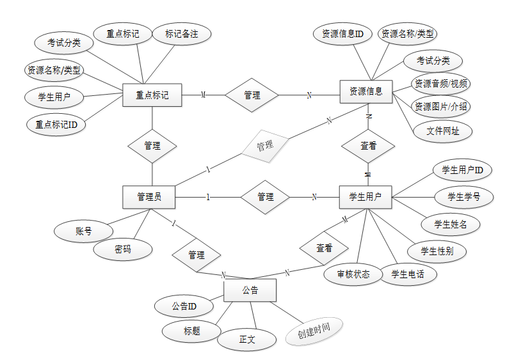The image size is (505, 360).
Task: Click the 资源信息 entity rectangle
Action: pyautogui.click(x=365, y=91)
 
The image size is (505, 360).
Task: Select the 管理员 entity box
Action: pyautogui.click(x=149, y=197)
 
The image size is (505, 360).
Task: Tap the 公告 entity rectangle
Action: pyautogui.click(x=250, y=290)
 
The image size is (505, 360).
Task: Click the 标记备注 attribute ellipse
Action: pyautogui.click(x=182, y=35)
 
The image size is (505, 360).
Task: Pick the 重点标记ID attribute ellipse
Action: pyautogui.click(x=56, y=125)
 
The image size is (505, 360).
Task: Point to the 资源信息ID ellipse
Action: pyautogui.click(x=343, y=34)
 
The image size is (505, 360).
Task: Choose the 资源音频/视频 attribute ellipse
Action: pyautogui.click(x=441, y=84)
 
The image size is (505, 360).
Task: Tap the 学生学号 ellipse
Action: pyautogui.click(x=464, y=196)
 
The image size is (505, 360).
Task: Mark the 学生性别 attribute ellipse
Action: pyautogui.click(x=437, y=251)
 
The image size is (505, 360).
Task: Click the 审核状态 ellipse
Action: pyautogui.click(x=354, y=274)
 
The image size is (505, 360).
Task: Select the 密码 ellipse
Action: pyautogui.click(x=123, y=249)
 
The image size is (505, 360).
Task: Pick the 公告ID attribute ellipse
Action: pyautogui.click(x=184, y=306)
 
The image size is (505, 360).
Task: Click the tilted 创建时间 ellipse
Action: pyautogui.click(x=313, y=331)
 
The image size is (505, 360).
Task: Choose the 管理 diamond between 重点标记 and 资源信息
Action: pyautogui.click(x=252, y=95)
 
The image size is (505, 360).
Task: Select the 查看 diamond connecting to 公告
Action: pyautogui.click(x=325, y=248)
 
